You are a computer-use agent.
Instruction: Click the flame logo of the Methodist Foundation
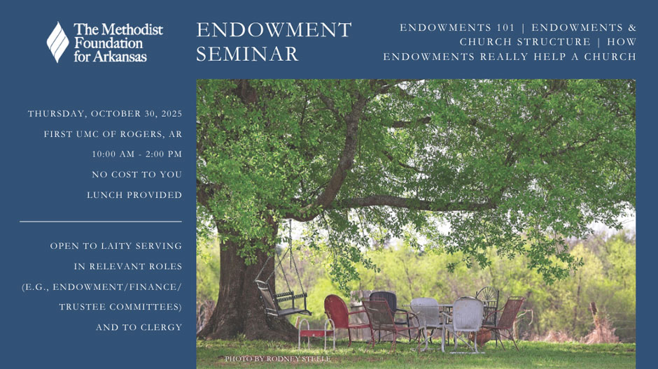[x=57, y=42]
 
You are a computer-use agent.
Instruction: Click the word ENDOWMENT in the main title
[x=274, y=31]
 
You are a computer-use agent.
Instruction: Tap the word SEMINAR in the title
[x=247, y=55]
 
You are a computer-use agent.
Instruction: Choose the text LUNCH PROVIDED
[x=134, y=195]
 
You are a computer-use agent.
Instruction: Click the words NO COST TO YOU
[x=136, y=175]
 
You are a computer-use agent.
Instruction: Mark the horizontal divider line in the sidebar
[x=101, y=222]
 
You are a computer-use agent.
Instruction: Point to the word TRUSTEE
[x=83, y=307]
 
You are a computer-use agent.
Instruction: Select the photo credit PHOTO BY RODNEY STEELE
[x=277, y=359]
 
